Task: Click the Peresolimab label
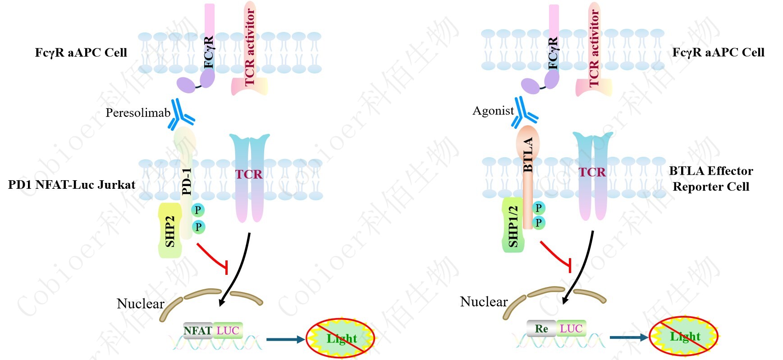pyautogui.click(x=138, y=113)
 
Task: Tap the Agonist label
pyautogui.click(x=493, y=111)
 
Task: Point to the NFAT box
pyautogui.click(x=197, y=331)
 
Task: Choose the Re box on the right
pyautogui.click(x=541, y=329)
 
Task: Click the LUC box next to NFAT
pyautogui.click(x=228, y=331)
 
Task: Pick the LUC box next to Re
pyautogui.click(x=571, y=329)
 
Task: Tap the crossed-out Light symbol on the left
pyautogui.click(x=340, y=338)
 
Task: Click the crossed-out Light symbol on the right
pyautogui.click(x=683, y=336)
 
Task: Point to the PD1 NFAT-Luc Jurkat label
pyautogui.click(x=72, y=185)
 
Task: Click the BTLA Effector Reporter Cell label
pyautogui.click(x=711, y=178)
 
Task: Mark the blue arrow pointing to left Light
pyautogui.click(x=285, y=339)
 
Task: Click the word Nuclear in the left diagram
pyautogui.click(x=141, y=304)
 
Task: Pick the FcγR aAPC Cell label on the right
pyautogui.click(x=718, y=53)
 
